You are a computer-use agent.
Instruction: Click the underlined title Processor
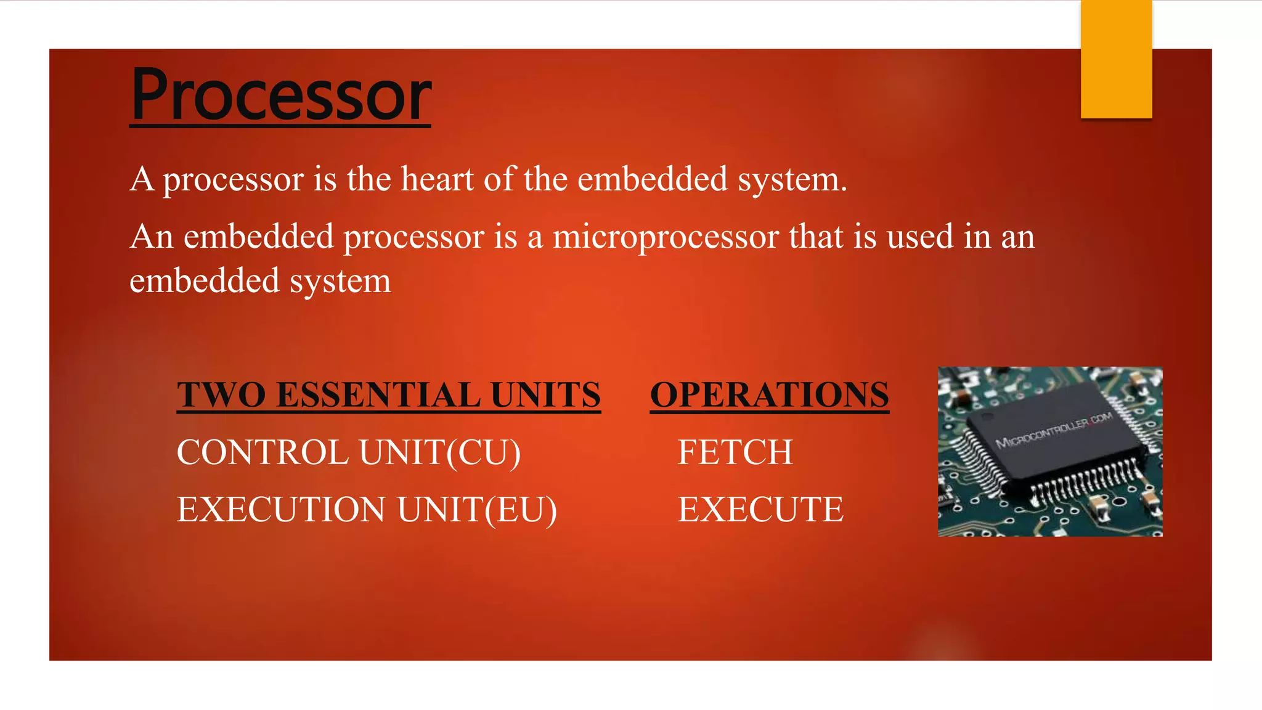281,96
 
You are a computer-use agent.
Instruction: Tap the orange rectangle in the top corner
1116,59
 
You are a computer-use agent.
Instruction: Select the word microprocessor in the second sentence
666,237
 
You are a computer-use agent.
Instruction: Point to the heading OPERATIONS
769,395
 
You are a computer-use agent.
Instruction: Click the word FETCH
735,452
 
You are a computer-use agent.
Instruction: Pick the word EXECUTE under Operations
760,510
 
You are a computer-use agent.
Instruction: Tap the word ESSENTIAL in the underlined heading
378,395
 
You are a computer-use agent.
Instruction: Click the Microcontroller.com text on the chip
1054,430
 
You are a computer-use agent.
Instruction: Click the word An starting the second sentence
152,237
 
